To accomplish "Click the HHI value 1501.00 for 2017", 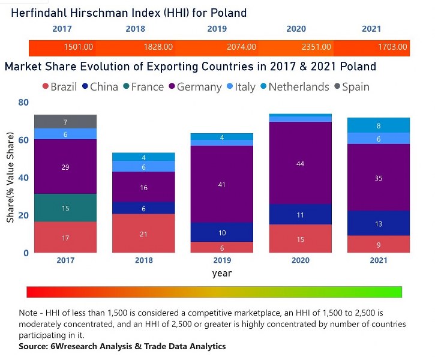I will [79, 47].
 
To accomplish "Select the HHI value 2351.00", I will [316, 47].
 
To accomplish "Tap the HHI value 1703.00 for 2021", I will [392, 47].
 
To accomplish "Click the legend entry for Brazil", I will [58, 87].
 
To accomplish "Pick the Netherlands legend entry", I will [293, 87].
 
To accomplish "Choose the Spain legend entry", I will [350, 87].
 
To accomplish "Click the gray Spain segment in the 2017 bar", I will [65, 122].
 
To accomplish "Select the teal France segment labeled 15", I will [65, 208].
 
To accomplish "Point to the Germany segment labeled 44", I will [300, 163].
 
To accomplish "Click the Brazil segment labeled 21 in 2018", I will [143, 234].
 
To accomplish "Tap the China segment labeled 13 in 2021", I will [379, 224].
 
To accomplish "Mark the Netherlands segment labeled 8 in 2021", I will [379, 126].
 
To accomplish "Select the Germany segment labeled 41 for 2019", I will [222, 185].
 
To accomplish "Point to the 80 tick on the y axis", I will [23, 103].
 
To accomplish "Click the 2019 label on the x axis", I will [222, 260].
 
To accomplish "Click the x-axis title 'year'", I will [222, 273].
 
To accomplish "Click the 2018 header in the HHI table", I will [136, 29].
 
